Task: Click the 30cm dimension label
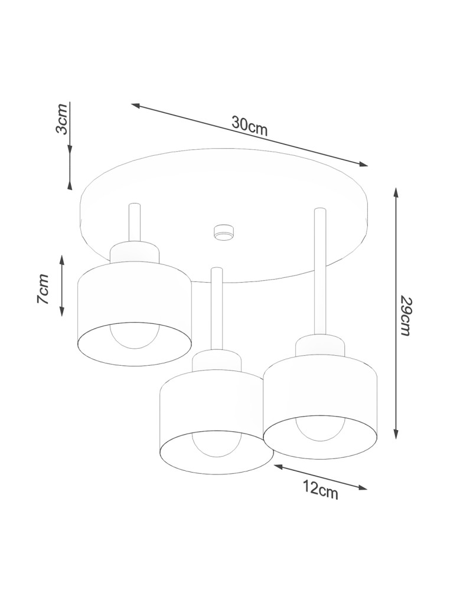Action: tap(250, 126)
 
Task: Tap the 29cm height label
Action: tap(404, 315)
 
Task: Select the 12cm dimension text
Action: tap(321, 489)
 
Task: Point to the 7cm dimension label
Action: tap(43, 289)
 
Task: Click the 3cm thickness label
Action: tap(61, 119)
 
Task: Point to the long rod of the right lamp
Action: tap(320, 271)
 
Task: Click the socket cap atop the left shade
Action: tap(135, 253)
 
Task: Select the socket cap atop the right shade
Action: tap(320, 346)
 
